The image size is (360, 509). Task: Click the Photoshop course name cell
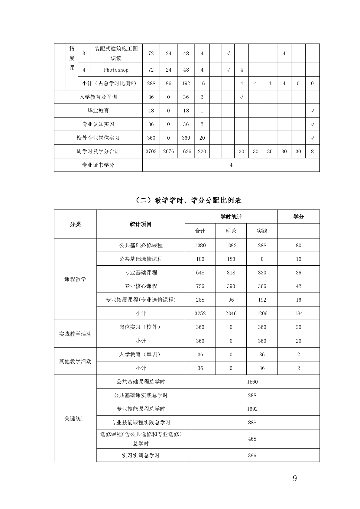(x=116, y=70)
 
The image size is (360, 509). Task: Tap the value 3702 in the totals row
(x=151, y=151)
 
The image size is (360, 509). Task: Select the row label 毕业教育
(x=98, y=111)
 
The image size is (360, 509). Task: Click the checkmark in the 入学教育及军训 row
(x=242, y=97)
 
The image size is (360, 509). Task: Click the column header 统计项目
(x=141, y=224)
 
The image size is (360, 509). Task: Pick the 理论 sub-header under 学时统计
(x=231, y=231)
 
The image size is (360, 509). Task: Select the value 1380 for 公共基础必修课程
(x=200, y=245)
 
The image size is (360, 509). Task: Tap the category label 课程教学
(x=75, y=279)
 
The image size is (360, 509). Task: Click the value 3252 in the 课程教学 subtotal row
(x=200, y=313)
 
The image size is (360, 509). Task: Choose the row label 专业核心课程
(x=141, y=286)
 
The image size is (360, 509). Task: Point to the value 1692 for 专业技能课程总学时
(x=252, y=409)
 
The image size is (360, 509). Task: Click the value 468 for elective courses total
(x=252, y=439)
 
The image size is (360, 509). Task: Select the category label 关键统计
(x=75, y=419)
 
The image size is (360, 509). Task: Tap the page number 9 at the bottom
(x=295, y=478)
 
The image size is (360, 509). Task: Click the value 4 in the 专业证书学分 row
(x=231, y=165)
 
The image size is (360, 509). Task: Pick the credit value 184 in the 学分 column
(x=298, y=313)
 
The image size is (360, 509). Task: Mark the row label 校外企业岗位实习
(x=98, y=138)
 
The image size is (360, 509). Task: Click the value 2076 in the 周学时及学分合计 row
(x=168, y=151)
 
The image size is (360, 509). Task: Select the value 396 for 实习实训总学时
(x=252, y=456)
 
